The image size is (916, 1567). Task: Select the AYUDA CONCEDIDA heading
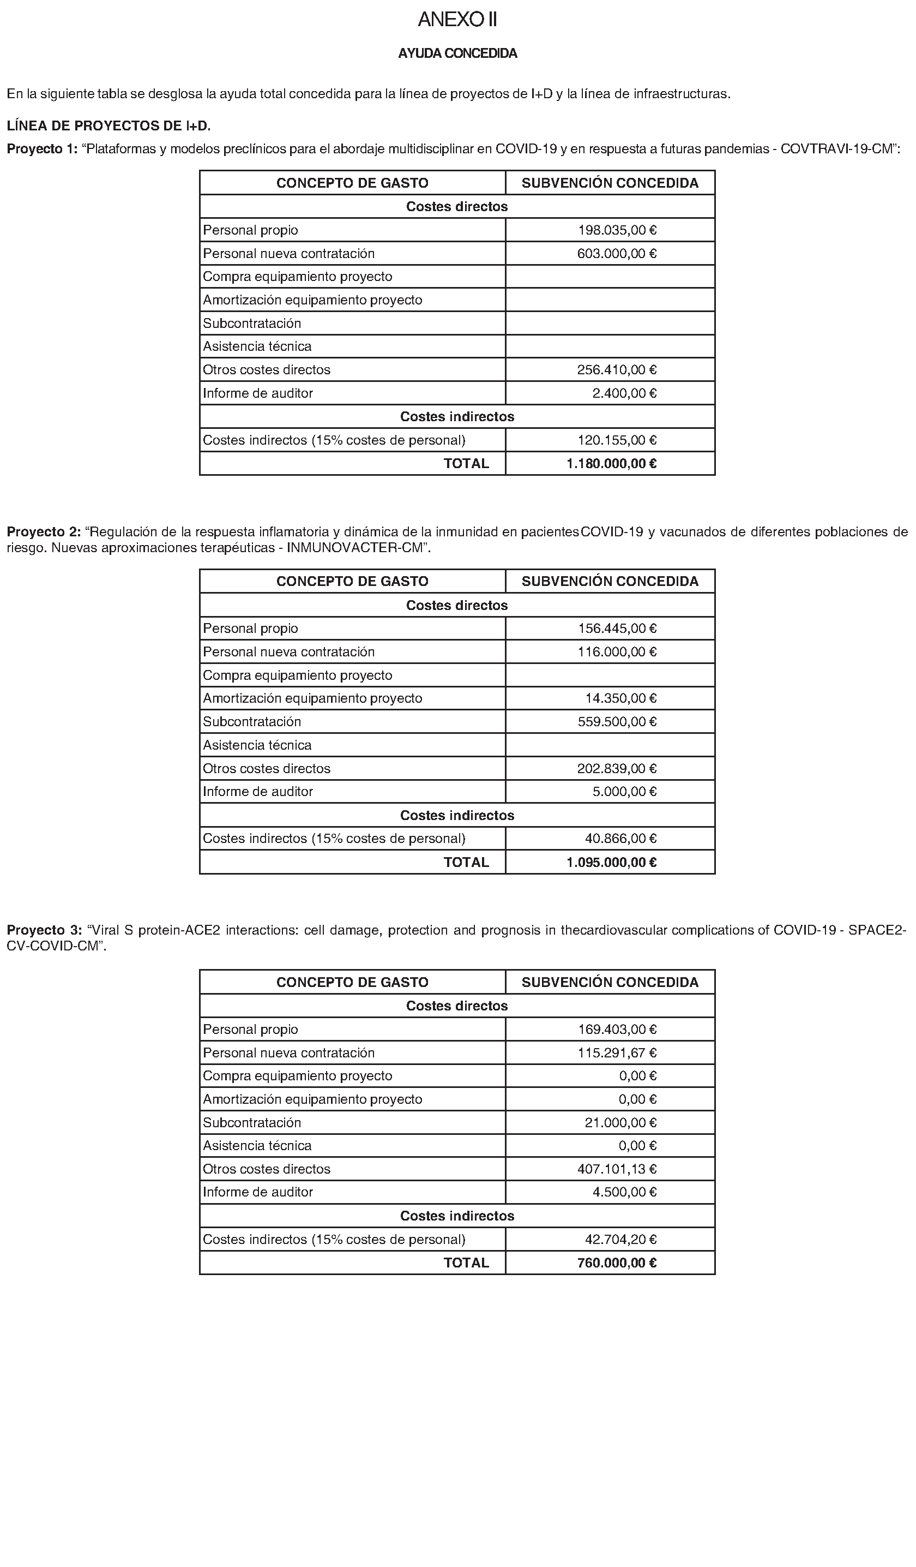[x=457, y=53]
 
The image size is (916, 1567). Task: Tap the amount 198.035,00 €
[x=617, y=230]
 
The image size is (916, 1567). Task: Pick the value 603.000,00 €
[x=617, y=254]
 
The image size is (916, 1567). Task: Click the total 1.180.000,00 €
[x=612, y=463]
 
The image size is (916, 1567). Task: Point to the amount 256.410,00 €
[x=617, y=370]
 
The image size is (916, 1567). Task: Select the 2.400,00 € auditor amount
[x=624, y=393]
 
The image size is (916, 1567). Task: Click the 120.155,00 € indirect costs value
[x=617, y=440]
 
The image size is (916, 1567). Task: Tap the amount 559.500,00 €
[x=617, y=722]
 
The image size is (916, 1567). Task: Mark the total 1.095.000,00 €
[x=612, y=863]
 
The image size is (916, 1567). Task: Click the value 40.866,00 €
[x=620, y=839]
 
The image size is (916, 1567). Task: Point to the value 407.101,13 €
[x=617, y=1169]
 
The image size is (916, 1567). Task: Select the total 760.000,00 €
[x=617, y=1263]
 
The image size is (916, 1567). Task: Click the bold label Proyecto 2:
[x=44, y=533]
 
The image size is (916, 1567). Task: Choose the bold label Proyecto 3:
[x=44, y=931]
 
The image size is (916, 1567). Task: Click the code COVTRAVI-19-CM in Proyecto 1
[x=836, y=149]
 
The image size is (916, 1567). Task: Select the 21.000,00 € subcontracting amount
[x=620, y=1122]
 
